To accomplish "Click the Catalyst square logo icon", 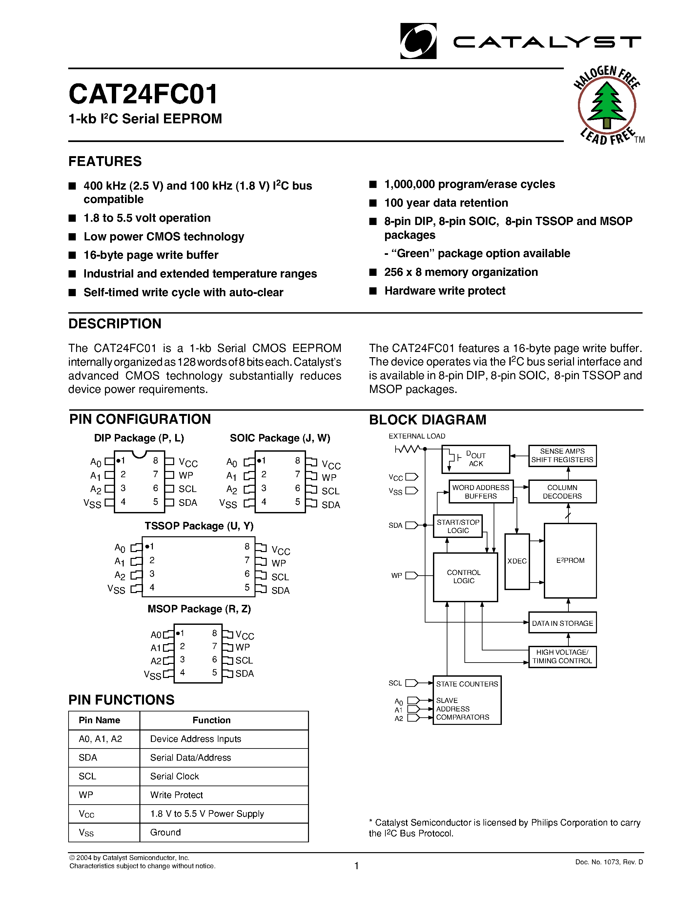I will [x=418, y=41].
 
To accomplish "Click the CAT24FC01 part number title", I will [x=143, y=94].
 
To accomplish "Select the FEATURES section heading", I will [x=105, y=161].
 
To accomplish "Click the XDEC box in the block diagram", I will [x=517, y=561].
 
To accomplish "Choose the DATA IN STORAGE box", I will [x=562, y=623].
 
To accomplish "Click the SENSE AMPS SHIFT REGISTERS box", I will [x=562, y=456].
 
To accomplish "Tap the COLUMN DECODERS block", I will [x=562, y=491].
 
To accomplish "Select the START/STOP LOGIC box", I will [x=458, y=526].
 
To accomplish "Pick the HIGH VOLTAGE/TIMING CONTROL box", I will [x=562, y=656].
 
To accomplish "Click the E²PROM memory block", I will [x=570, y=561].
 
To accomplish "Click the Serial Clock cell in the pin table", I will [x=174, y=776].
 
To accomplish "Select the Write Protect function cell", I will [x=176, y=795].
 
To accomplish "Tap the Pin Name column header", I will [x=99, y=720].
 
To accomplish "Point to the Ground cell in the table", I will [x=165, y=832].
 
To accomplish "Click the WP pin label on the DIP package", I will [x=186, y=475].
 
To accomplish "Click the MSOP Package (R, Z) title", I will [x=199, y=609].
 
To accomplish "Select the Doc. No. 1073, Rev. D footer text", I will [x=609, y=862].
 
